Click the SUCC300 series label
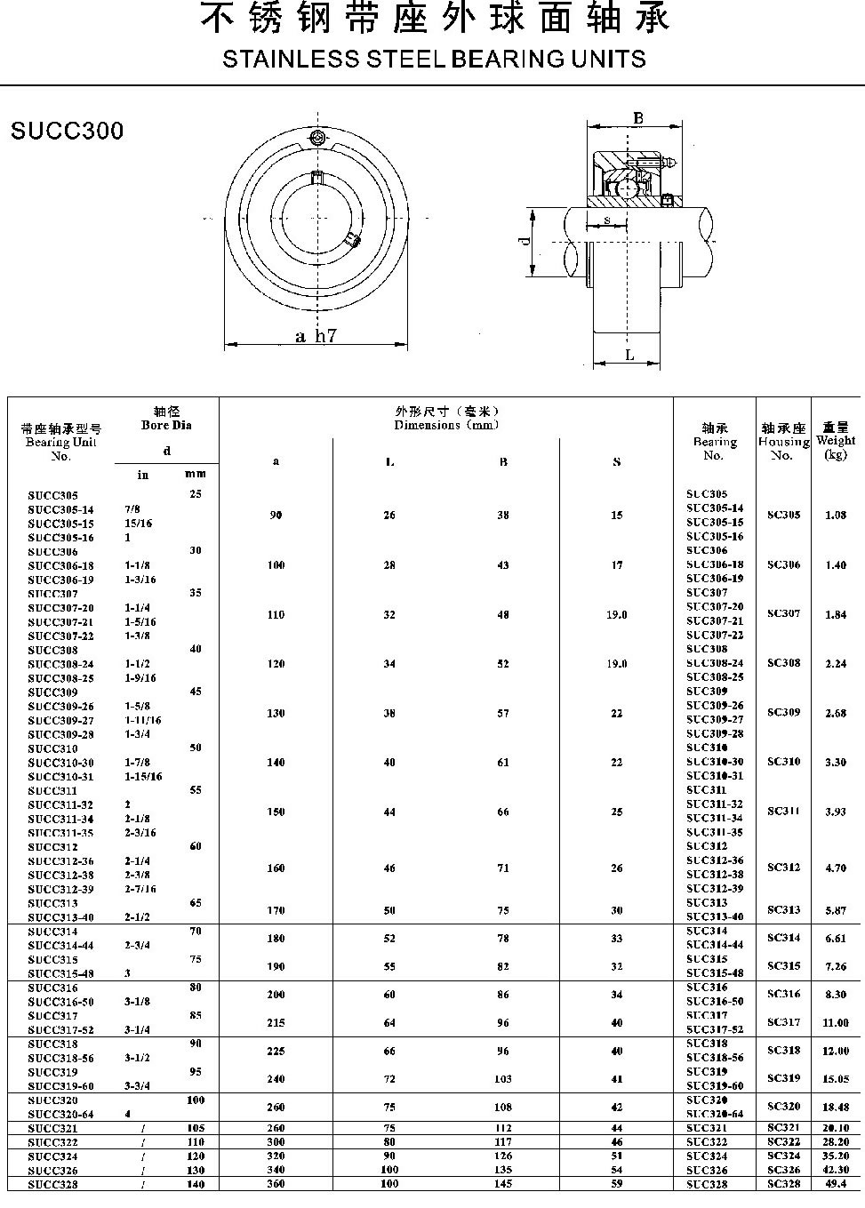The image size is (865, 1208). [x=68, y=132]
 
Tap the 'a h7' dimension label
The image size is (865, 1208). [x=316, y=336]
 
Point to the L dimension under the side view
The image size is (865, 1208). [x=629, y=356]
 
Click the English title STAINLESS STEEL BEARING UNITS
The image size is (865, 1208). [x=434, y=60]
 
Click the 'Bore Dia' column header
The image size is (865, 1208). [x=166, y=425]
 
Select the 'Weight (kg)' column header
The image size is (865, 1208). [x=835, y=441]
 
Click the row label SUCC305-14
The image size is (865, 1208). [x=60, y=509]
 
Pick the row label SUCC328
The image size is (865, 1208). [x=52, y=1184]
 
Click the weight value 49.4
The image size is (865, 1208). [x=835, y=1184]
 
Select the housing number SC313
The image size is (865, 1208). [x=783, y=910]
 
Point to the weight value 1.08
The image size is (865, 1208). [x=835, y=516]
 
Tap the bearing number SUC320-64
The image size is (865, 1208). [x=715, y=1114]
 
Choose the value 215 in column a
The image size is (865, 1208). [x=276, y=1023]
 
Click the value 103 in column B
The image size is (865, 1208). [x=503, y=1079]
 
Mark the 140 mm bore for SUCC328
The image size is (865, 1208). [x=196, y=1184]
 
